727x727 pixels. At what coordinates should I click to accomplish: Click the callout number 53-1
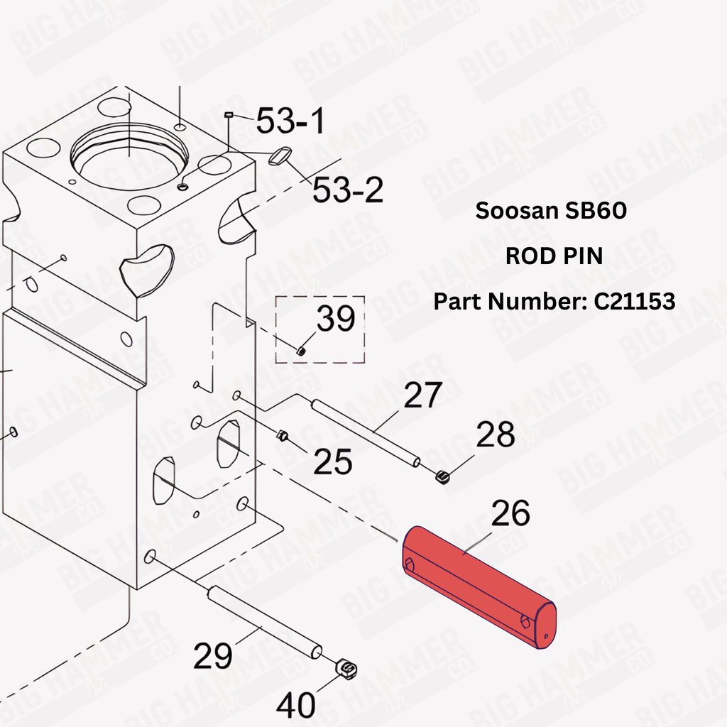coord(290,121)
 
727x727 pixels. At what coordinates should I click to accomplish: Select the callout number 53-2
coord(348,190)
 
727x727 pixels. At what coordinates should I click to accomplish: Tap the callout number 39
coord(336,318)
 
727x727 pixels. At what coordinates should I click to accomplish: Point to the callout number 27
coord(423,395)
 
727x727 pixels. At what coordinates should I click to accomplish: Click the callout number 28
coord(495,434)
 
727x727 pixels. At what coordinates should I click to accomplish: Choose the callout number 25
coord(332,461)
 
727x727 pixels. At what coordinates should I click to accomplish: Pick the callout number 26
coord(510,513)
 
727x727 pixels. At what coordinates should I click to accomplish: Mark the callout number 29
coord(212,655)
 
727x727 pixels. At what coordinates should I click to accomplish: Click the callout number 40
coord(295,705)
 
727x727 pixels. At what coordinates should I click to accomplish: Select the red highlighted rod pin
coord(479,587)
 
